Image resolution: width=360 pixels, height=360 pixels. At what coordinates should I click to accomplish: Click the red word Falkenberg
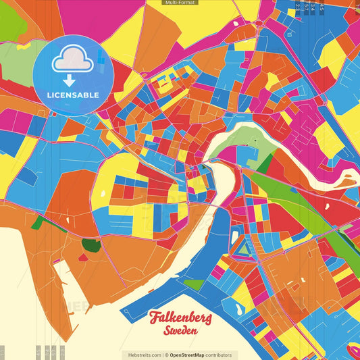(180, 317)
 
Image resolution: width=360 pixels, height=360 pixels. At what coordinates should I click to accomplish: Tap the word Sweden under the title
(180, 331)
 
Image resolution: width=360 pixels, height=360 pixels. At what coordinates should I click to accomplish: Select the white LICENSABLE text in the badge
(72, 95)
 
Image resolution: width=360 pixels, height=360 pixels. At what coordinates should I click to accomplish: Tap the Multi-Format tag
(180, 3)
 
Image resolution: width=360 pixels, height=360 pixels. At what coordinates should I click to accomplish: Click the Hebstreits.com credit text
(141, 355)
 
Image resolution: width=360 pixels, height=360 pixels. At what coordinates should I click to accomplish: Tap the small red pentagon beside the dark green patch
(82, 257)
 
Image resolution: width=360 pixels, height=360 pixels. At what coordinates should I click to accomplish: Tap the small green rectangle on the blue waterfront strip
(194, 284)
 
